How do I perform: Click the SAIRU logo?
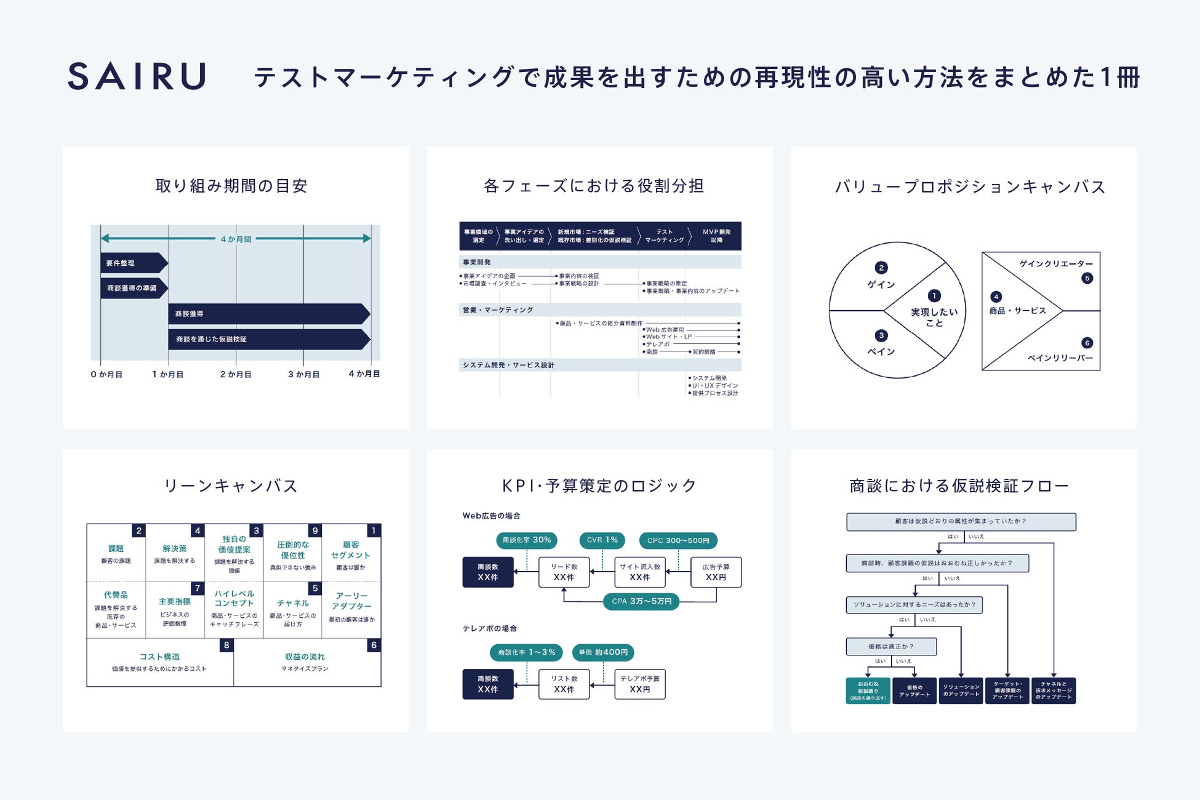click(137, 76)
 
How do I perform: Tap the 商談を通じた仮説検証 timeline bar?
click(268, 339)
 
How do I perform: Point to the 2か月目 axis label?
click(236, 374)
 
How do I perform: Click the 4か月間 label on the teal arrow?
click(236, 239)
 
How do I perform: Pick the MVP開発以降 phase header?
click(716, 236)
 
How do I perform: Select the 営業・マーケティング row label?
click(498, 310)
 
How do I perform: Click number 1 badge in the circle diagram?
click(934, 296)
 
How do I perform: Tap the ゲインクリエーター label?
click(1055, 264)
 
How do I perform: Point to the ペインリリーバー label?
click(1060, 358)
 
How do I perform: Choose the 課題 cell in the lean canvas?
click(116, 553)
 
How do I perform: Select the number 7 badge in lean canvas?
click(197, 588)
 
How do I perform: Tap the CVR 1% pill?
click(602, 540)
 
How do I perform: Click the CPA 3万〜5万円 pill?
click(641, 601)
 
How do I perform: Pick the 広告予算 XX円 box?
click(716, 572)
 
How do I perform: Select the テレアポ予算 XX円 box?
click(639, 684)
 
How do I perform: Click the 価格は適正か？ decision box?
click(891, 647)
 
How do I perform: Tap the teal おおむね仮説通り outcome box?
click(868, 690)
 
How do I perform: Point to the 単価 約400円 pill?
click(603, 652)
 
